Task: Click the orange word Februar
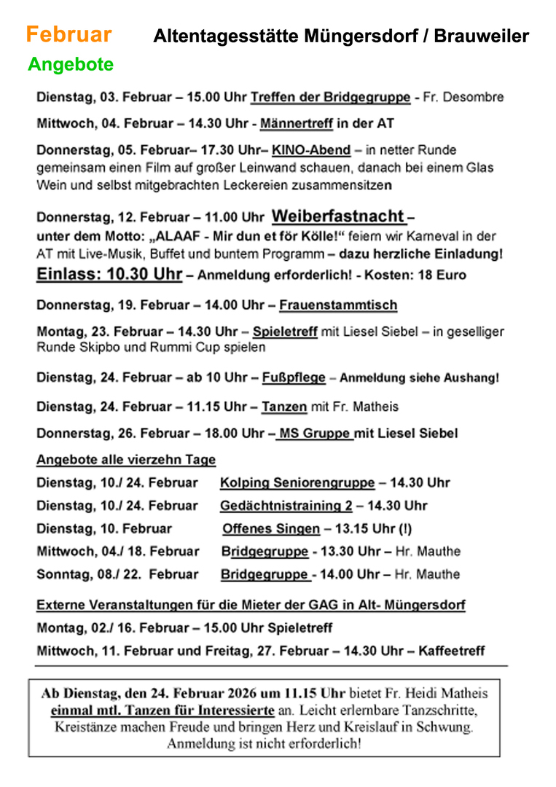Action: click(68, 34)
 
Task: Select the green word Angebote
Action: click(71, 64)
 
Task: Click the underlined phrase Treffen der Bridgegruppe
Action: click(330, 97)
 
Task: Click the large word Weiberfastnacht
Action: click(338, 216)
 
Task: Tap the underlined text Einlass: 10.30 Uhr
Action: click(109, 275)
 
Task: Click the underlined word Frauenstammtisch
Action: click(338, 305)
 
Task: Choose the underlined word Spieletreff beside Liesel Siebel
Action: click(285, 332)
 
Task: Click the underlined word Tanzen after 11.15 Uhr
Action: click(284, 406)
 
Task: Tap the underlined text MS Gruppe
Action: click(315, 434)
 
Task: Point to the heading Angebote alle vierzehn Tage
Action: click(126, 460)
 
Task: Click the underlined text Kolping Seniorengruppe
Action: click(297, 482)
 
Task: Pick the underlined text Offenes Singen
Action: click(271, 529)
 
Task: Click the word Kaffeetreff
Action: click(451, 651)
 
